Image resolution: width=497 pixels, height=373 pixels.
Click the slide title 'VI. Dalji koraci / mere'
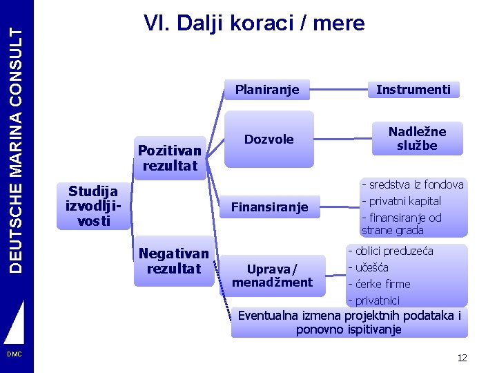[x=253, y=23]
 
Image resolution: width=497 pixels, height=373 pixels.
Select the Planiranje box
[x=267, y=89]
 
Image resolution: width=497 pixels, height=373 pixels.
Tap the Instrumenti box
[x=413, y=89]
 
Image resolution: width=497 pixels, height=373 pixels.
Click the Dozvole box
[x=269, y=140]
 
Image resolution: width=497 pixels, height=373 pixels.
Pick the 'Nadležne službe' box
[x=417, y=139]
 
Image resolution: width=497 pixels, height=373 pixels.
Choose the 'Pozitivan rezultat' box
[x=170, y=157]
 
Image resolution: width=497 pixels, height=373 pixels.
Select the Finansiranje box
[x=269, y=207]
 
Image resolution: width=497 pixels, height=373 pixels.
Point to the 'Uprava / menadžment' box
[x=272, y=275]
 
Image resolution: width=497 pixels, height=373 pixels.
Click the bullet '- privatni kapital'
[x=401, y=201]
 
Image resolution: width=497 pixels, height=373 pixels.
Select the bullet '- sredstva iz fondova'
[x=412, y=184]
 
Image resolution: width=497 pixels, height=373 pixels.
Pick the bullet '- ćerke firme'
[x=379, y=284]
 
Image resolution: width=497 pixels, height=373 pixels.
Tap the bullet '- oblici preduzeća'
[x=390, y=251]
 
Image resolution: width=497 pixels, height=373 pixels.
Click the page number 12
[x=462, y=358]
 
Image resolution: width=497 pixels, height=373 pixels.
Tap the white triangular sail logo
[x=15, y=323]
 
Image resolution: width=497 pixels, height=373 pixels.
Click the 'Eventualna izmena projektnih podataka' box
[x=349, y=323]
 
